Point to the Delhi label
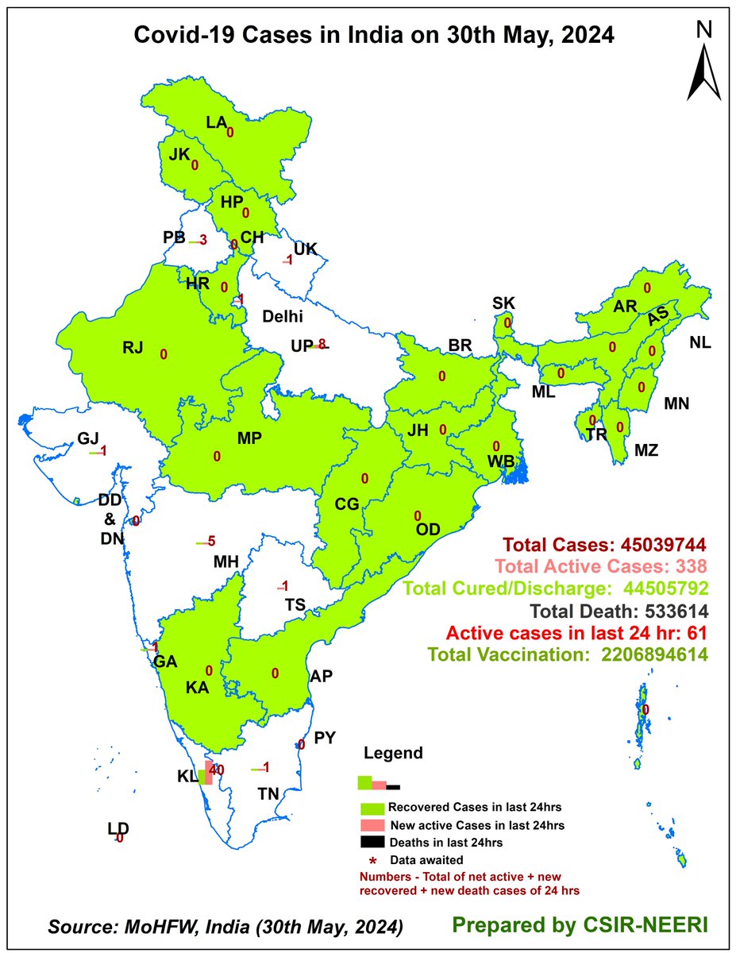click(284, 316)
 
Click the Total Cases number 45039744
click(653, 546)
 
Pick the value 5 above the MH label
click(211, 542)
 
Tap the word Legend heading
click(393, 753)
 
